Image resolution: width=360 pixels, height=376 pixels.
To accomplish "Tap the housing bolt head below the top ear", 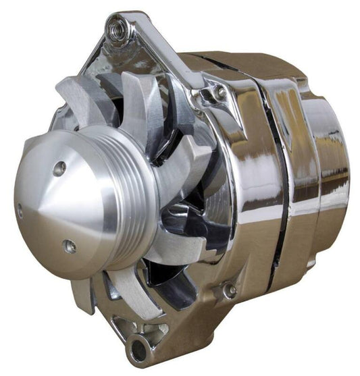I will (x=220, y=94).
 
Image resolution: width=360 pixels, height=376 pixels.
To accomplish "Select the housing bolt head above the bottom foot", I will (x=230, y=291).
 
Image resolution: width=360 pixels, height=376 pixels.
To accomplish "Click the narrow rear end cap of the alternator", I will (x=331, y=169).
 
